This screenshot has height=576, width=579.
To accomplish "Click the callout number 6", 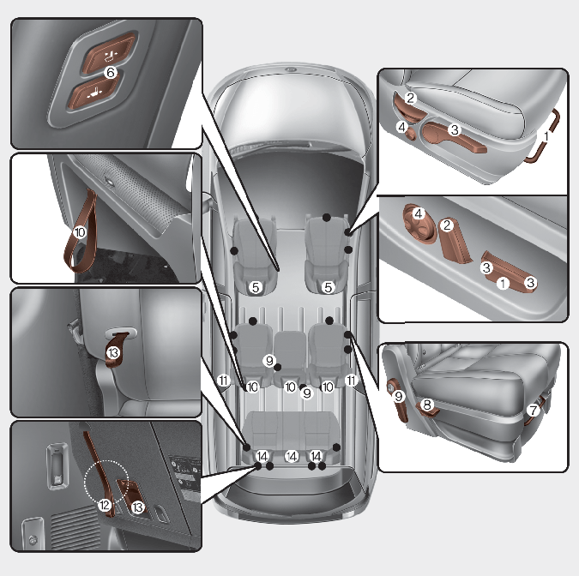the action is (110, 72).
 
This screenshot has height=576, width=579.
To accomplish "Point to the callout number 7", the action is (533, 410).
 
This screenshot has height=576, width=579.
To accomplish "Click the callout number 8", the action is (427, 405).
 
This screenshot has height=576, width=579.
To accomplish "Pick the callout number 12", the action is (105, 505).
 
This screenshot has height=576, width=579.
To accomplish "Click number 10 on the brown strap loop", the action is (80, 232).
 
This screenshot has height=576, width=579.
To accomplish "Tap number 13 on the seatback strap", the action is (113, 353).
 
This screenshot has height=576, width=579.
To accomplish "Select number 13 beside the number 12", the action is (138, 507).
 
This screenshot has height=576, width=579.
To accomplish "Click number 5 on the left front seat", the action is (256, 287).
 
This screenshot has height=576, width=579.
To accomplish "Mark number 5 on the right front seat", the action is (328, 287).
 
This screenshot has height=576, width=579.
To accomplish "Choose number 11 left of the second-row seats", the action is (223, 380).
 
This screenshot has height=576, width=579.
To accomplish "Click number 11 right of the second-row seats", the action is (351, 380).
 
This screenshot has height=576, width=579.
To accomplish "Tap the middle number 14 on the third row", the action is (292, 457).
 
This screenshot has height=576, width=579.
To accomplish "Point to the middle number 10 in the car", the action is (291, 387).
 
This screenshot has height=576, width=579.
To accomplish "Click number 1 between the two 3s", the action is (503, 284).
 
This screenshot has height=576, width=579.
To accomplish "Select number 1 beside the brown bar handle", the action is (546, 136).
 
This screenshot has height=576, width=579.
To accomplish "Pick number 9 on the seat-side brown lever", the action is (398, 396).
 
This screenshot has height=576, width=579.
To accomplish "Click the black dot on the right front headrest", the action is (327, 218).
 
